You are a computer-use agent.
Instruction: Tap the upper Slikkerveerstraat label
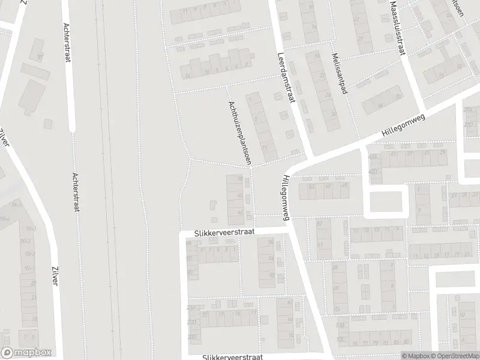[224, 231]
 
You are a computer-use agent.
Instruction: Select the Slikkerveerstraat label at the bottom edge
[233, 356]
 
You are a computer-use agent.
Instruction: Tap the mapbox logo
[26, 353]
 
